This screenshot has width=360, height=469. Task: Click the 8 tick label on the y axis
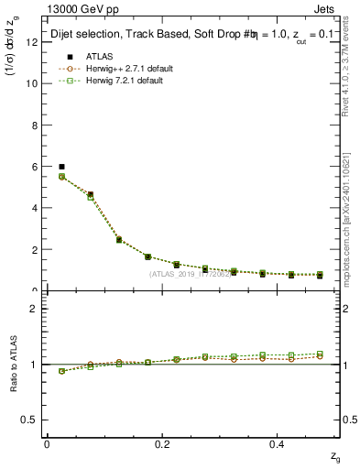click(x=33, y=125)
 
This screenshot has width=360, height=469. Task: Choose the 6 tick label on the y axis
click(x=33, y=167)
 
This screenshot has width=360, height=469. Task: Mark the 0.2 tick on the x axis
click(x=162, y=443)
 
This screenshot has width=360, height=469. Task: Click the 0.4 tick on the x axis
click(x=278, y=443)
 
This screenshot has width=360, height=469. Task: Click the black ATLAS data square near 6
click(x=61, y=167)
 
